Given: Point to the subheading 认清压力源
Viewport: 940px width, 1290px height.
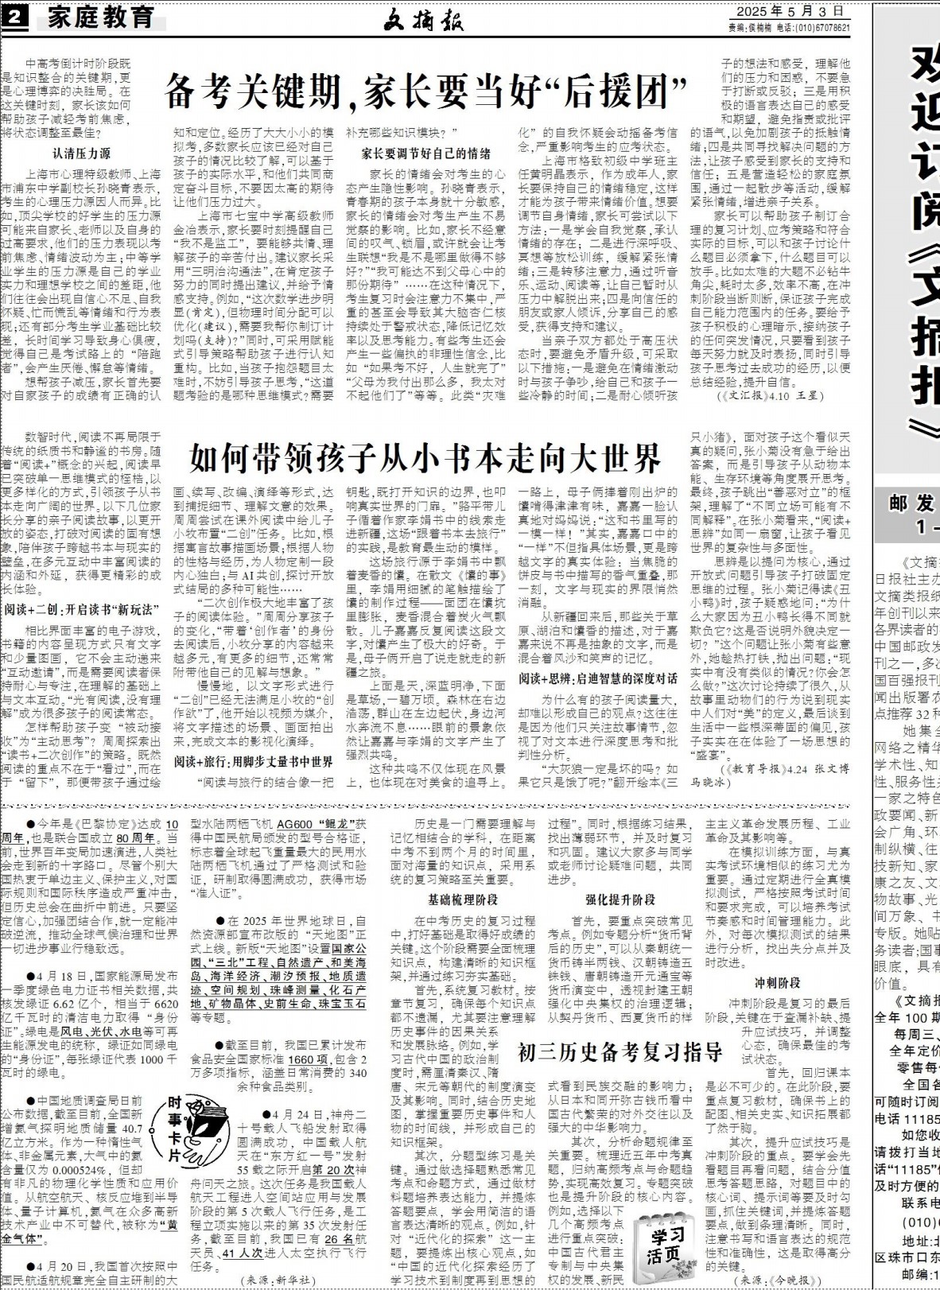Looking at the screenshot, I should click(x=81, y=153).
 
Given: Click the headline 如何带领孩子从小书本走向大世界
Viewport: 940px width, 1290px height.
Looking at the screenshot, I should click(x=425, y=457).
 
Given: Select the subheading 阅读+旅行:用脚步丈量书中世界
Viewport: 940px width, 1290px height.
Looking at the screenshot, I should click(x=254, y=762).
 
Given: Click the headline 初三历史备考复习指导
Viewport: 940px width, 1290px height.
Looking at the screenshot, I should click(x=620, y=1053).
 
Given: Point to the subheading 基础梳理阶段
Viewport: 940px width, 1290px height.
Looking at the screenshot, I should click(x=462, y=900).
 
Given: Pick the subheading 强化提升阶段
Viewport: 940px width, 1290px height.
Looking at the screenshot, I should click(x=620, y=900).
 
